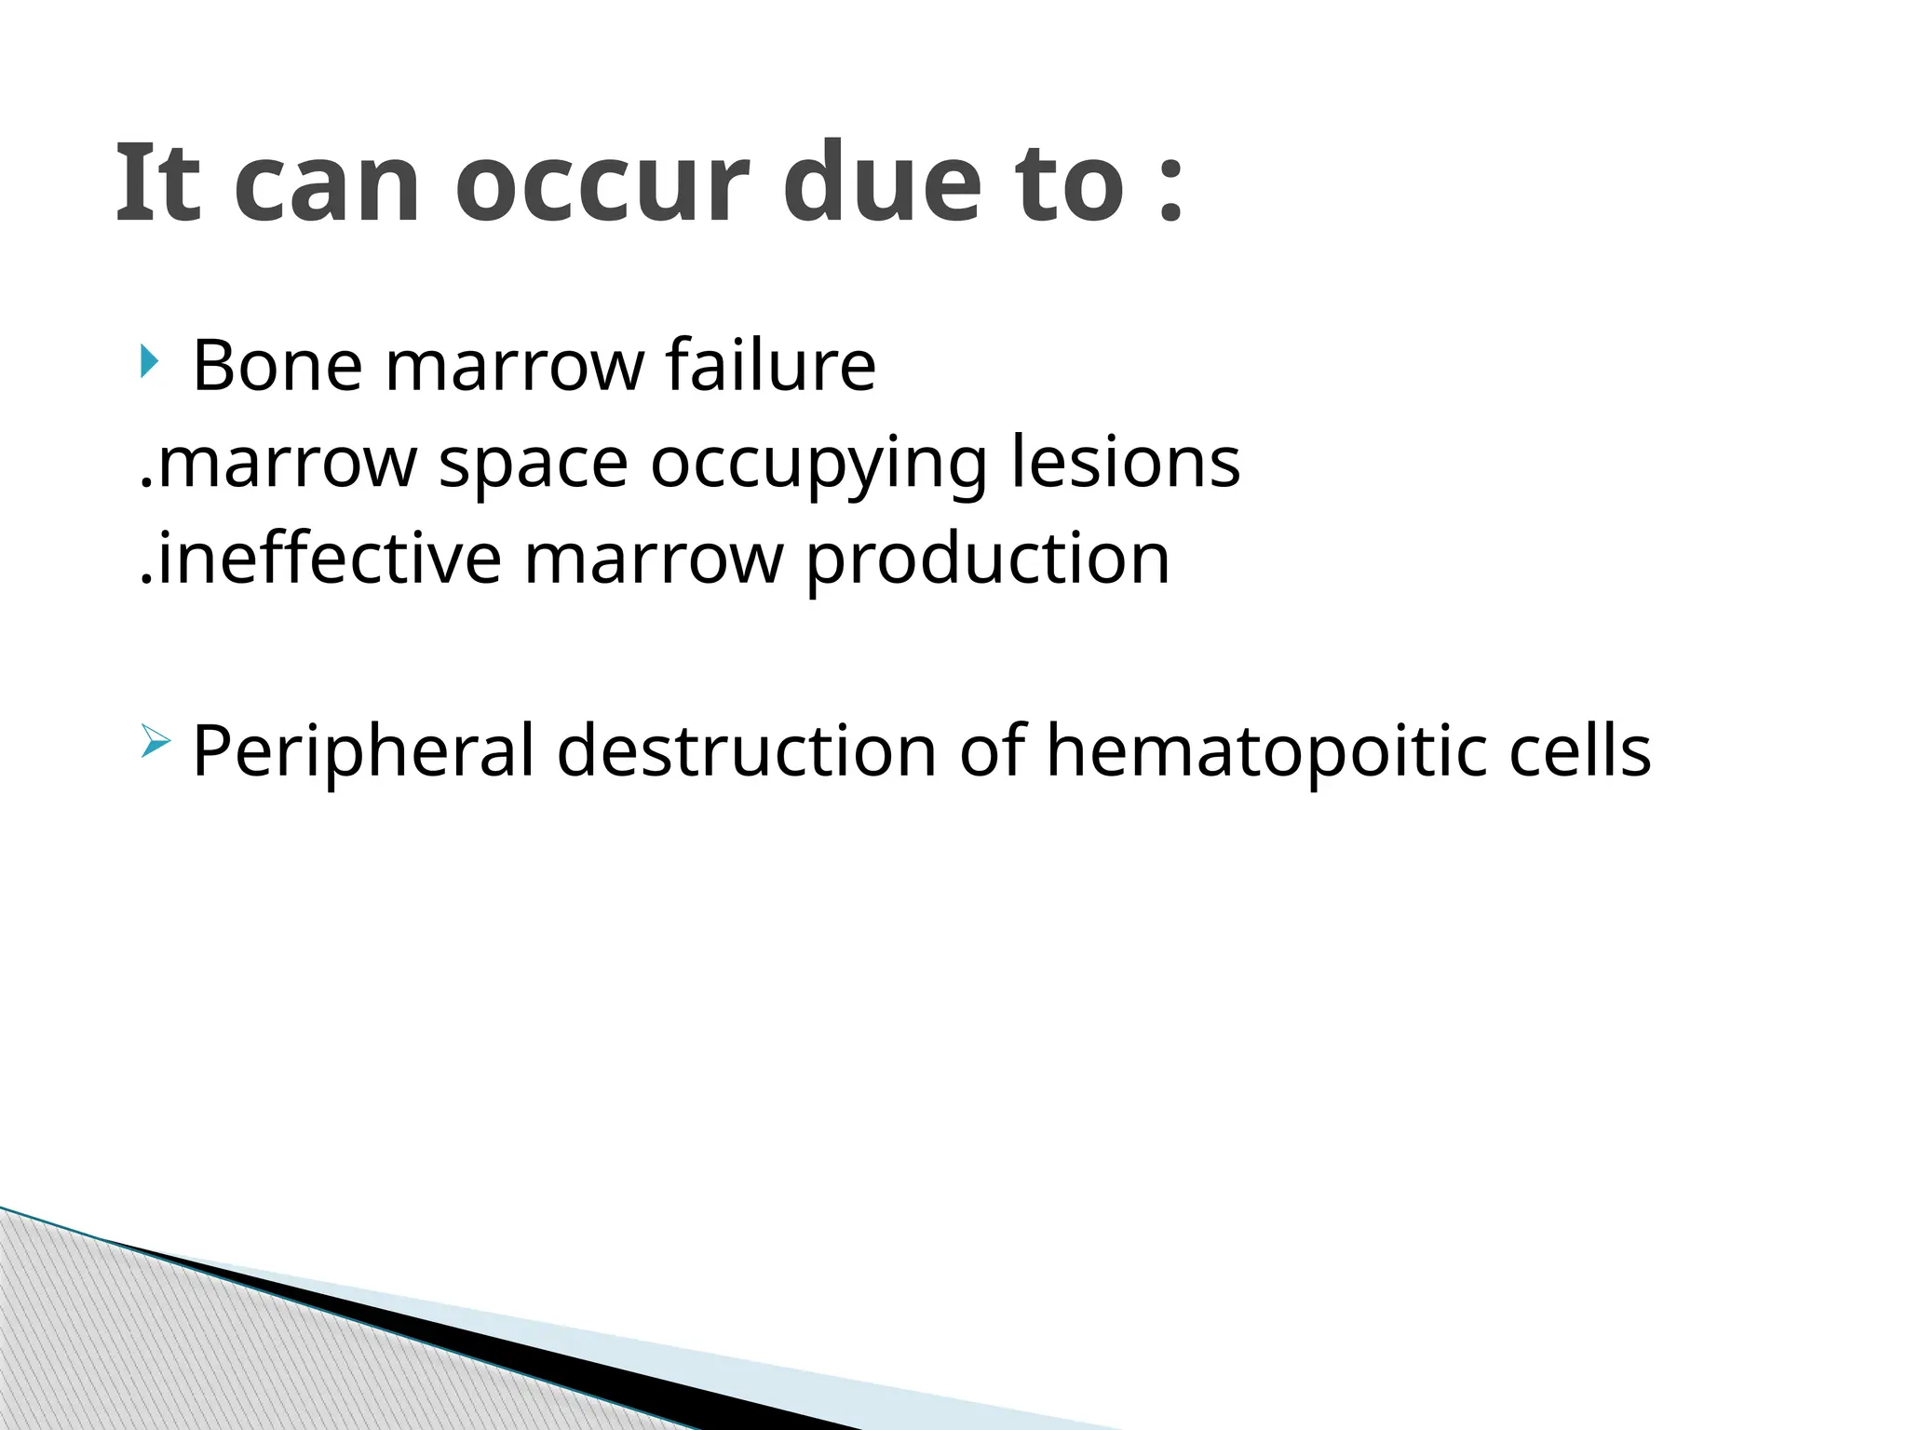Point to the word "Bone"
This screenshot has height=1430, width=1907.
[277, 365]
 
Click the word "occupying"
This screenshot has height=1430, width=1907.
[818, 463]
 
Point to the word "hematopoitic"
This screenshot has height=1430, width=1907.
[1265, 750]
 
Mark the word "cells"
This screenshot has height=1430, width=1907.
[1579, 750]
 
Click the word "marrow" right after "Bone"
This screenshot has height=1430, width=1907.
[514, 365]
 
